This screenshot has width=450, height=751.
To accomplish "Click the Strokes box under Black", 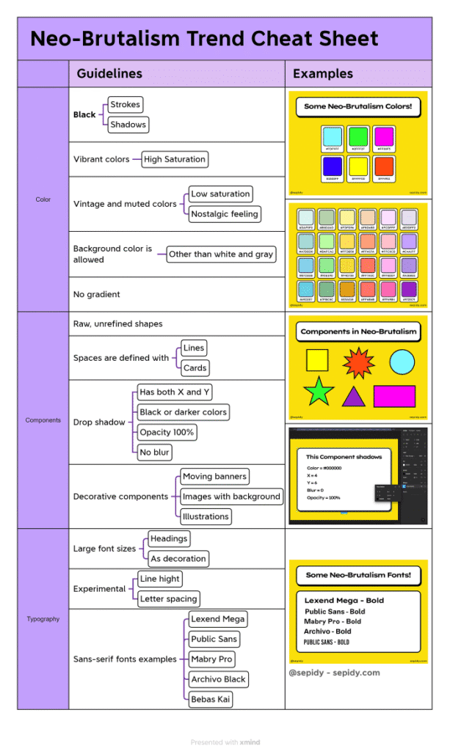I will click(x=125, y=105).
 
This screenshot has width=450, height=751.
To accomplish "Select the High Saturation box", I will click(x=175, y=159).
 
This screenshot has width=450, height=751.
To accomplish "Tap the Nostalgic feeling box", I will click(x=225, y=214).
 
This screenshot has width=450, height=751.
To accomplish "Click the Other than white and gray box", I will click(x=221, y=254).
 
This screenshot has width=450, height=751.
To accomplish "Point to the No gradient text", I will click(x=96, y=294).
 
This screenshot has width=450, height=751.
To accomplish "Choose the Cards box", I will click(x=195, y=368).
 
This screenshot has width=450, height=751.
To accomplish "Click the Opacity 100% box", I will click(x=167, y=433).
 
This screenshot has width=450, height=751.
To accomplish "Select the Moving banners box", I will click(x=214, y=477).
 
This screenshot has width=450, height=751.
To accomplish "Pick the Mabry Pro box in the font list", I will click(x=211, y=659).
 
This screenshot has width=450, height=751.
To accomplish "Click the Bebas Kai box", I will click(x=210, y=700).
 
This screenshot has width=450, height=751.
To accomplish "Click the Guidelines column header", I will click(x=109, y=74).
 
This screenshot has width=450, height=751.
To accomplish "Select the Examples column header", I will click(x=322, y=74).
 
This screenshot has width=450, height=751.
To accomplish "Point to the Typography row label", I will click(x=43, y=619).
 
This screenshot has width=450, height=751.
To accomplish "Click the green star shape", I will click(x=319, y=392).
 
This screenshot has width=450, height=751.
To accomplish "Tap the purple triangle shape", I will click(x=354, y=397).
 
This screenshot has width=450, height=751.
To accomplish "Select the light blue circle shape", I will click(x=402, y=361).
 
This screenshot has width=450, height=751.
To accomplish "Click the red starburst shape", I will click(x=359, y=362).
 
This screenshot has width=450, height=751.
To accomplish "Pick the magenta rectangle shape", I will click(x=394, y=396).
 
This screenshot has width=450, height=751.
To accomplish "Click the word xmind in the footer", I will click(x=250, y=742).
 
